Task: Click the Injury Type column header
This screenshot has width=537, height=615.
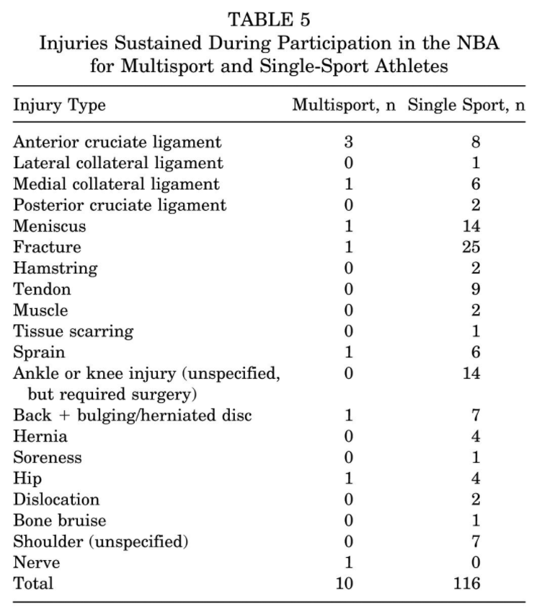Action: coord(59,105)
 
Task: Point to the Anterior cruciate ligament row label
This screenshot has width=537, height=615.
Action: coord(117,142)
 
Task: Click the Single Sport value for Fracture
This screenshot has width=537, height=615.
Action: coord(472,247)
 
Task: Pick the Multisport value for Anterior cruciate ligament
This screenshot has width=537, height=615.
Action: coord(348,142)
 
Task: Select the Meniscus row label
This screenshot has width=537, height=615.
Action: coord(49,226)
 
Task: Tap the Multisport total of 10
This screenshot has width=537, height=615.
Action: coord(345,583)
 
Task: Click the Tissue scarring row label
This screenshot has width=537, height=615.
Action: coord(73,331)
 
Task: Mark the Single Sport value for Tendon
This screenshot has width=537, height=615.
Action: coord(475,289)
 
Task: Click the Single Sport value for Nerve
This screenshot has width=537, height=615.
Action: coord(475,562)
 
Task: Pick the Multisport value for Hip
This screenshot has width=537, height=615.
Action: coord(348,478)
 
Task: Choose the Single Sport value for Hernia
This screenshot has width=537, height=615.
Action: coord(475,436)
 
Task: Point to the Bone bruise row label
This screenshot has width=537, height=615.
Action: coord(60,520)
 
